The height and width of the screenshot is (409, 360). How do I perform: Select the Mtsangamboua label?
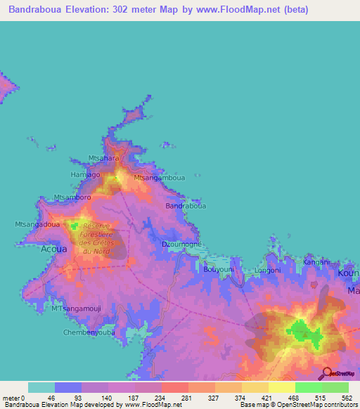(x=160, y=178)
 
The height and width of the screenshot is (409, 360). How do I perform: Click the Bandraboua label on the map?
(x=186, y=207)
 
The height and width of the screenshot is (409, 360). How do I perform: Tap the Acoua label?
(x=54, y=249)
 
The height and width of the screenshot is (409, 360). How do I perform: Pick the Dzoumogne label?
(x=182, y=244)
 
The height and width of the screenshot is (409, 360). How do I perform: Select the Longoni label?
(x=267, y=270)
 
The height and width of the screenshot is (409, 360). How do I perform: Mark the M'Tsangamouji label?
(x=77, y=309)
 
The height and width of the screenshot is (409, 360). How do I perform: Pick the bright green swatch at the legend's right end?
(x=335, y=387)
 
